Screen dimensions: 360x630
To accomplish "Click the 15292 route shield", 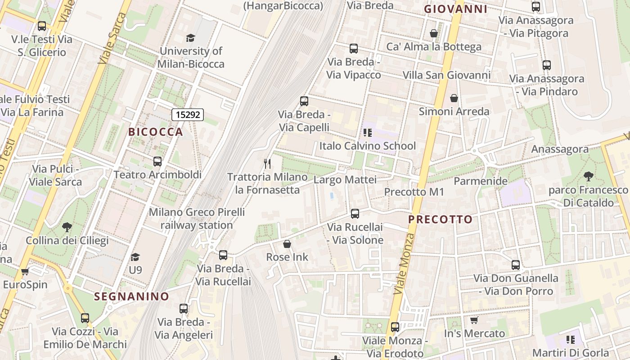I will (188, 115).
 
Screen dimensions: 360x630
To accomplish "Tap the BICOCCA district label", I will (156, 132).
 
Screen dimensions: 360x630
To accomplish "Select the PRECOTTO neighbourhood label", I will (440, 220).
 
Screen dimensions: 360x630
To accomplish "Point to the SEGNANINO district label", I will (131, 297).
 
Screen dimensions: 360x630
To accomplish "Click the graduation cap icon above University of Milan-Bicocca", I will (190, 38).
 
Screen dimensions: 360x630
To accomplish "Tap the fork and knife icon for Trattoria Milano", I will (268, 163).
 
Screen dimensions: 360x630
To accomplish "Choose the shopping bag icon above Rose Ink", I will (287, 244).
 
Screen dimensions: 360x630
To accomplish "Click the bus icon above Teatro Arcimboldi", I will (157, 161).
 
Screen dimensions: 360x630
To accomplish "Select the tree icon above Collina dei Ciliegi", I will (67, 227).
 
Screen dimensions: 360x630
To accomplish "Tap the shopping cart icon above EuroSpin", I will (25, 271).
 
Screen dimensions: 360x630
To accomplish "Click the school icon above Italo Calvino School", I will (368, 133).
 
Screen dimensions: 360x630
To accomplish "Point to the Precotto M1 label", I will (414, 192).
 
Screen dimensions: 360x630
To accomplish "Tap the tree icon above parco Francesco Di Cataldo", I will (588, 176).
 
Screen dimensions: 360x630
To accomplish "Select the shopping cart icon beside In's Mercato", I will (474, 320).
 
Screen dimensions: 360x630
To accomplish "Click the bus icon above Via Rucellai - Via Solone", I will (355, 214).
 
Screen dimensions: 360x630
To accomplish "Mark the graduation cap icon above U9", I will (135, 257).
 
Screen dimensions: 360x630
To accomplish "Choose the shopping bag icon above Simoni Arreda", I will (454, 98).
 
